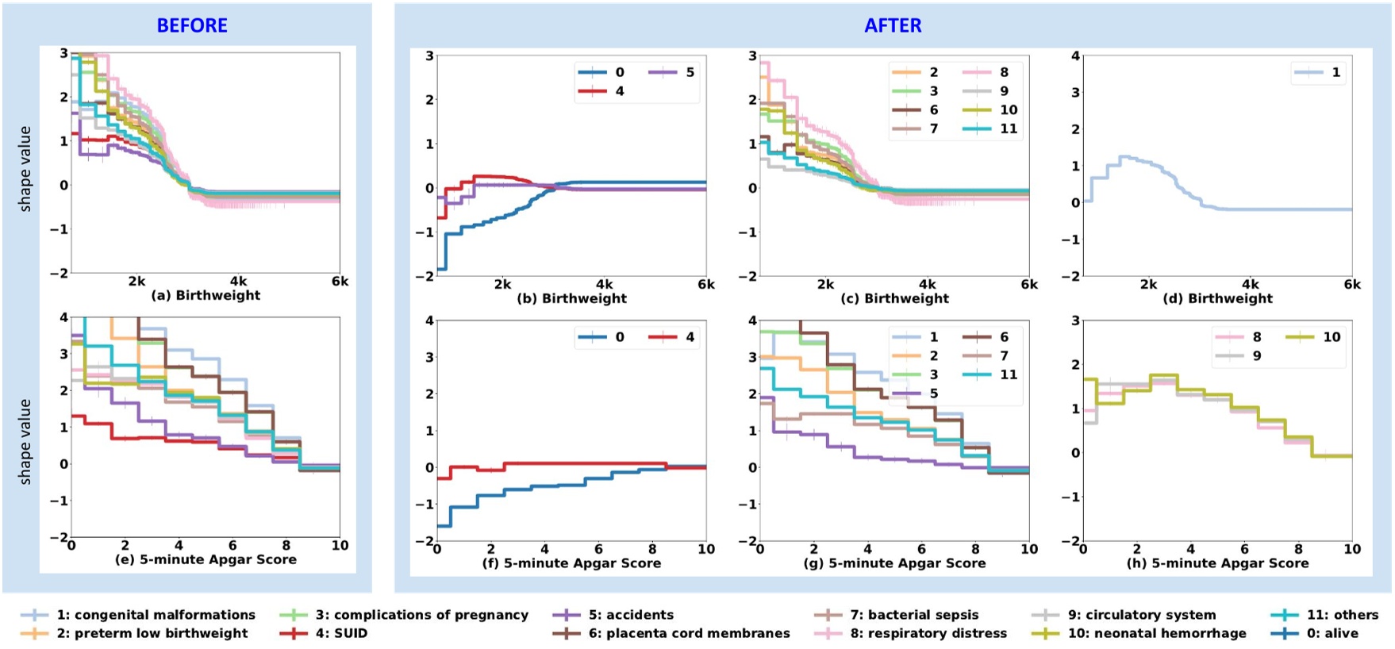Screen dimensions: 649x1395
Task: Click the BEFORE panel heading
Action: point(192,25)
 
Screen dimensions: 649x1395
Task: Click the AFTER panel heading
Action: point(893,25)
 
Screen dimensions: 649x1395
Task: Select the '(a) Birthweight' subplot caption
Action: point(206,295)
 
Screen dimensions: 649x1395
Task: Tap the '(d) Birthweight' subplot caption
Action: point(1217,298)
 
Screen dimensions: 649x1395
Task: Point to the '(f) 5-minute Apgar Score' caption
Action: point(571,563)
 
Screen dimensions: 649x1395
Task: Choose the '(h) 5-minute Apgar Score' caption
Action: point(1217,563)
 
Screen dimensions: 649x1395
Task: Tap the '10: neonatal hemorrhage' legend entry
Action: point(1139,633)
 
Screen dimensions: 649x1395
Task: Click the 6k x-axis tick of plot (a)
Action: point(340,281)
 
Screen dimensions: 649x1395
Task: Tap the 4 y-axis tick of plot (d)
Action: point(1075,56)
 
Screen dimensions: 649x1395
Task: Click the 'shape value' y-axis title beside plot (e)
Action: point(25,441)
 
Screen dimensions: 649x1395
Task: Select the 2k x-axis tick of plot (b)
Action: point(502,284)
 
